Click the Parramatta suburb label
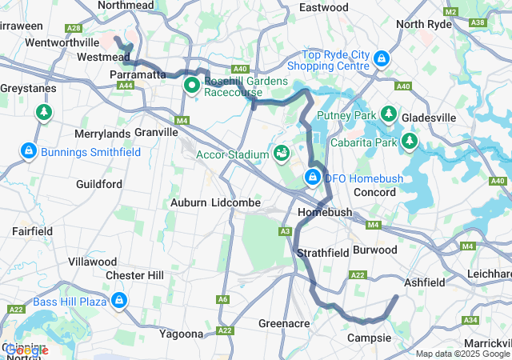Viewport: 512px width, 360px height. point(137,74)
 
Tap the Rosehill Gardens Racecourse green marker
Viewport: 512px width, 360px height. point(192,84)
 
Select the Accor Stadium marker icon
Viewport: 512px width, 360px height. point(282,152)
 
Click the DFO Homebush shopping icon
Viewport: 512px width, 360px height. point(313,177)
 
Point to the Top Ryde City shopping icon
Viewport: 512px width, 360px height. point(382,58)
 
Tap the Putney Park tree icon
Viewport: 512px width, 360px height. point(390,114)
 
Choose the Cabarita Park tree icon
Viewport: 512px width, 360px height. point(410,142)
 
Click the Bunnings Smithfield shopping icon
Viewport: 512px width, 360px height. point(28,150)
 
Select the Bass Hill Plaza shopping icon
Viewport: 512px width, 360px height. point(118,300)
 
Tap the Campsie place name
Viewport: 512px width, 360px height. point(368,338)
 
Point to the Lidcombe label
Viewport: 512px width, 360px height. point(236,203)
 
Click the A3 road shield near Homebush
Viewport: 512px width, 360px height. point(285,231)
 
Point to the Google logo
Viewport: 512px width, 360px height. point(25,350)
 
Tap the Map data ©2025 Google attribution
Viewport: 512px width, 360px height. point(462,354)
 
